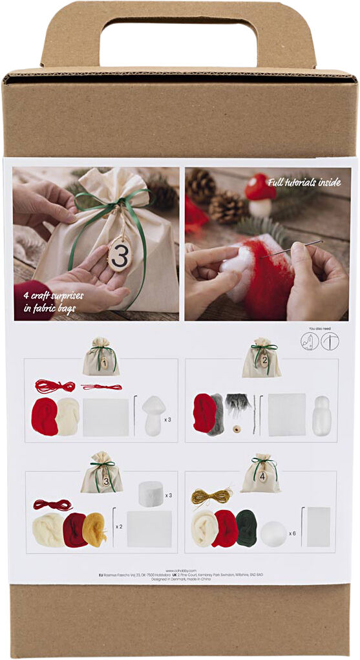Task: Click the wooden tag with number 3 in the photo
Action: pyautogui.click(x=120, y=254)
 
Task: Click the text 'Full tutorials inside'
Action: pyautogui.click(x=303, y=182)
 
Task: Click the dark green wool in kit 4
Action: pyautogui.click(x=246, y=527)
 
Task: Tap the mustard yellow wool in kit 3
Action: pyautogui.click(x=94, y=529)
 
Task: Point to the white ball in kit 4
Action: pyautogui.click(x=273, y=533)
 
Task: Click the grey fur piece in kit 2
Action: pyautogui.click(x=237, y=404)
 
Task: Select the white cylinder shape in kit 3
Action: pyautogui.click(x=152, y=494)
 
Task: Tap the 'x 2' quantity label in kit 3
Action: pyautogui.click(x=119, y=526)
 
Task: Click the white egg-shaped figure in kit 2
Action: pyautogui.click(x=321, y=415)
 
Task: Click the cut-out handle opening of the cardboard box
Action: pyautogui.click(x=178, y=42)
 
